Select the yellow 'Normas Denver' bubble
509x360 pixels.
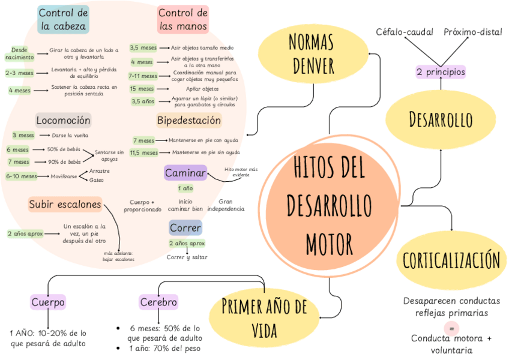(x=310, y=53)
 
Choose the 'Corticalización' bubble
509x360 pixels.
(x=451, y=260)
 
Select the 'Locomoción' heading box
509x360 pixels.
(x=63, y=120)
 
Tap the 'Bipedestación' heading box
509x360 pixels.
(x=189, y=120)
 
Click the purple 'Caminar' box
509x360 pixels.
(x=185, y=173)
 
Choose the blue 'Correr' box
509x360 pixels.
(x=185, y=228)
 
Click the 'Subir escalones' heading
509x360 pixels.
(x=65, y=205)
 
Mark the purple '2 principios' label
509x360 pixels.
(x=441, y=72)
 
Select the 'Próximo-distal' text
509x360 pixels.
(x=473, y=32)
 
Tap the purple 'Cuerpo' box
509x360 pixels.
(x=47, y=302)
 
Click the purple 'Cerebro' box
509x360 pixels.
(x=158, y=302)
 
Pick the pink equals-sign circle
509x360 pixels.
(x=451, y=328)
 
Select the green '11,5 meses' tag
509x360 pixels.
(x=143, y=152)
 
